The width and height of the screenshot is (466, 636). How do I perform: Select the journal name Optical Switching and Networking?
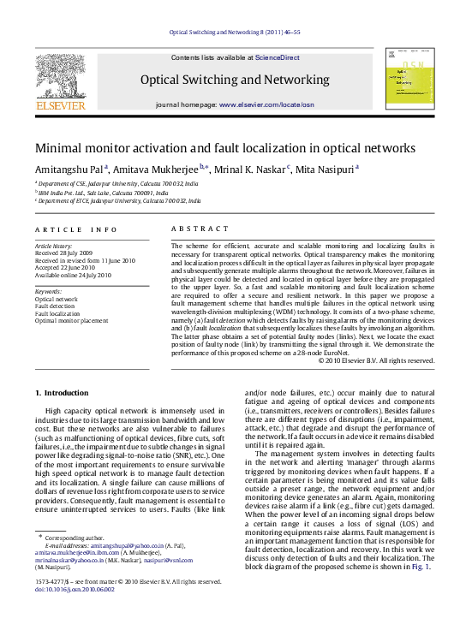tap(234, 79)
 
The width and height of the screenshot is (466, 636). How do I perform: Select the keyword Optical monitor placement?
tap(71, 319)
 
